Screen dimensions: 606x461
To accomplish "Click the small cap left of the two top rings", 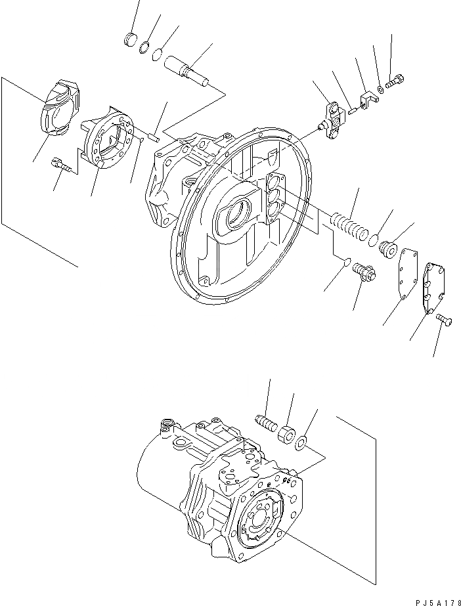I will (131, 39).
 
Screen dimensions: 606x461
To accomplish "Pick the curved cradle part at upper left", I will (61, 112).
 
